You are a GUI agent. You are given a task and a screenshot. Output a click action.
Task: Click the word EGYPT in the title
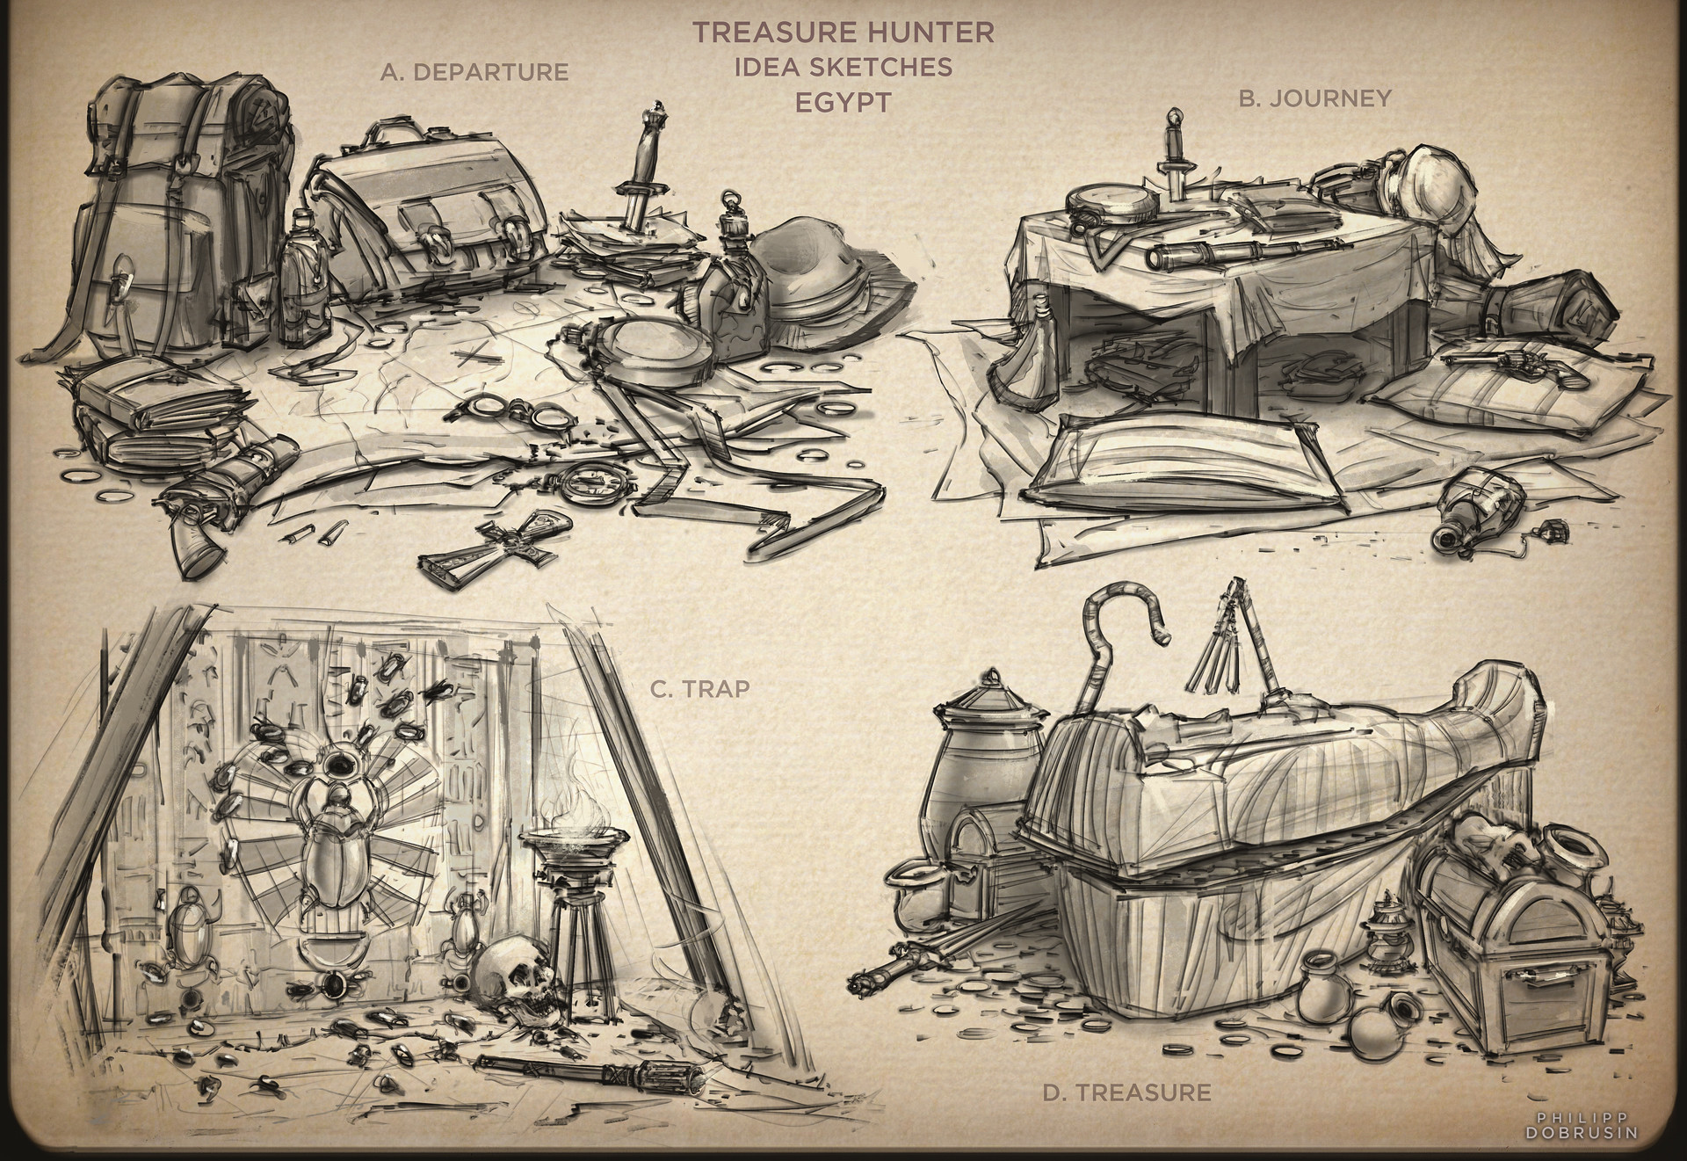point(843,101)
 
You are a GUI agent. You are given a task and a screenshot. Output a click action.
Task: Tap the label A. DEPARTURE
point(474,72)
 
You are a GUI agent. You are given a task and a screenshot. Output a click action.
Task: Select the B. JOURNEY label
point(1314,98)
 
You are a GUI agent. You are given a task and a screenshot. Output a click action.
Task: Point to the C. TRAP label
point(700,688)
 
